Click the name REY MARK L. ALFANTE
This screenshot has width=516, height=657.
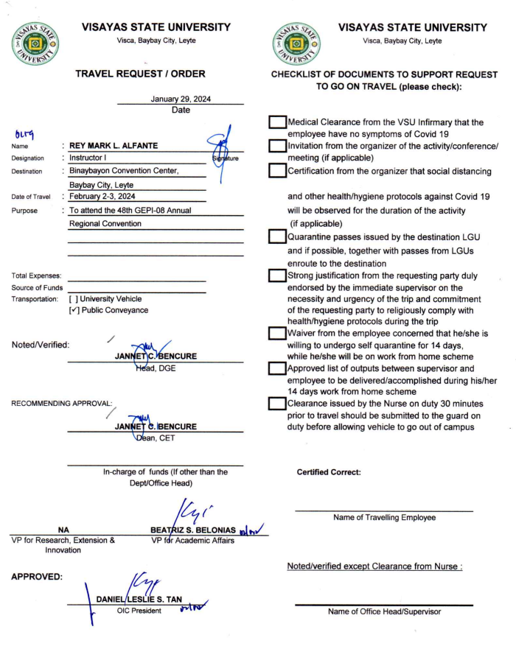(120, 146)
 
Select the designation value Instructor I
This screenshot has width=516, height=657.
(89, 158)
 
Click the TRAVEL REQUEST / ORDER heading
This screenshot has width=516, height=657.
(140, 74)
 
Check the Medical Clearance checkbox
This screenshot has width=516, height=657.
(277, 122)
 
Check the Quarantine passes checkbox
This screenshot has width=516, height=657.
(277, 236)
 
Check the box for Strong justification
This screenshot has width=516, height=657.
(277, 275)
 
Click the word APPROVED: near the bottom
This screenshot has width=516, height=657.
(38, 577)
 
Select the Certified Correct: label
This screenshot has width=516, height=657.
(329, 472)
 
